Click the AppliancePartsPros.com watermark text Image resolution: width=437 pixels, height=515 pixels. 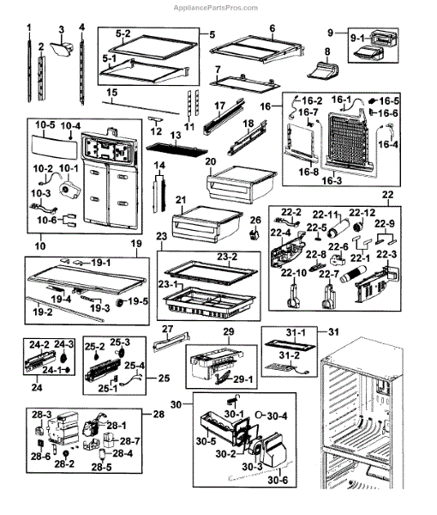pyautogui.click(x=215, y=8)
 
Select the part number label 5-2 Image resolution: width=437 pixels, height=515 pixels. pyautogui.click(x=123, y=33)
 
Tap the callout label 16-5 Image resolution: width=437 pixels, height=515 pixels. pyautogui.click(x=390, y=100)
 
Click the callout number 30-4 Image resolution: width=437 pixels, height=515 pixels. pyautogui.click(x=277, y=416)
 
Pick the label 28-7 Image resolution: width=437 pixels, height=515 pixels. pyautogui.click(x=130, y=441)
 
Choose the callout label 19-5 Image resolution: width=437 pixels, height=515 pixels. pyautogui.click(x=139, y=301)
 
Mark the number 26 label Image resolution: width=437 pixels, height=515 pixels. pyautogui.click(x=255, y=220)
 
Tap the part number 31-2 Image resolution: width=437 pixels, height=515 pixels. pyautogui.click(x=290, y=355)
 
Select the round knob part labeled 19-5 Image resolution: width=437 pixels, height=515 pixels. pyautogui.click(x=122, y=303)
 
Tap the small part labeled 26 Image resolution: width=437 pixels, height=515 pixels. pyautogui.click(x=254, y=234)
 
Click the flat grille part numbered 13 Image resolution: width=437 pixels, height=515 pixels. pyautogui.click(x=177, y=149)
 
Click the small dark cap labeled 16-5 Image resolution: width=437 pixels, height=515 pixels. pyautogui.click(x=374, y=100)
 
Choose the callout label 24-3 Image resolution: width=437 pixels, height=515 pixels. pyautogui.click(x=63, y=344)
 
